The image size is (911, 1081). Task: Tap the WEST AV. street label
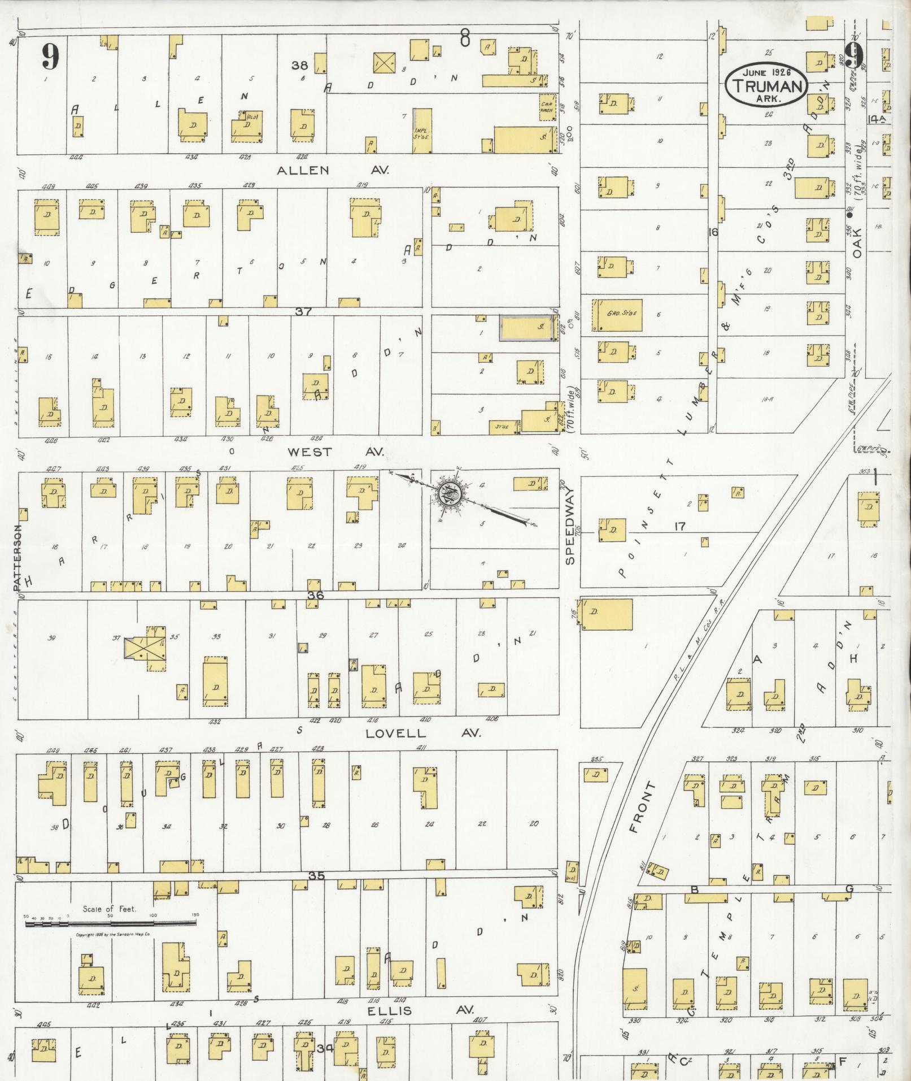click(335, 451)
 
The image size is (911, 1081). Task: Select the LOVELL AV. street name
click(422, 733)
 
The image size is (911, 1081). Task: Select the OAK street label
click(857, 242)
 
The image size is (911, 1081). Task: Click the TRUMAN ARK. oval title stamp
click(767, 84)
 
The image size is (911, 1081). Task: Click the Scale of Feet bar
click(111, 923)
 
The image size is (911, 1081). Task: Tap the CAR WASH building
click(547, 107)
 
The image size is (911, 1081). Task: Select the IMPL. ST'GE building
click(422, 131)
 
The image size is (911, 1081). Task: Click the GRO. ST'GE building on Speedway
click(617, 315)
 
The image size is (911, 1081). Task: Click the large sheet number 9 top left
click(50, 57)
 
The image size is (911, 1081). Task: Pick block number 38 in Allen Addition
click(299, 66)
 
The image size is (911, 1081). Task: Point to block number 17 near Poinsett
click(680, 526)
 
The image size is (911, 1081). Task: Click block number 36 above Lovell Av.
click(316, 596)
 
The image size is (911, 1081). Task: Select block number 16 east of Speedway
click(713, 231)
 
